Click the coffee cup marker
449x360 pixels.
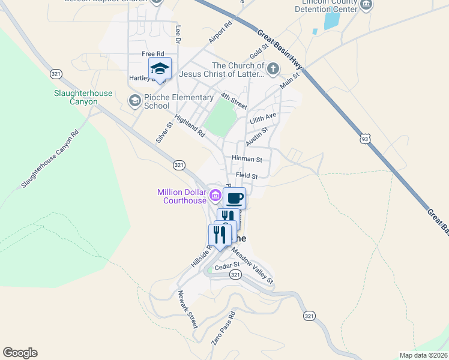pyautogui.click(x=234, y=198)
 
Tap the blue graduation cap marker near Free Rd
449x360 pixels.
pyautogui.click(x=160, y=68)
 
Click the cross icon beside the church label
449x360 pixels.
pyautogui.click(x=273, y=68)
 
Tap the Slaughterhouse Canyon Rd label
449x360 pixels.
pyautogui.click(x=50, y=160)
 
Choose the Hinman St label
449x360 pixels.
pyautogui.click(x=247, y=160)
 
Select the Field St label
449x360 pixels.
pyautogui.click(x=247, y=176)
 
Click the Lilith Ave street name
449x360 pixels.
pyautogui.click(x=263, y=116)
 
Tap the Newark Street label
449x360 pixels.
pyautogui.click(x=187, y=310)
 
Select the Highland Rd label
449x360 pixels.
pyautogui.click(x=190, y=126)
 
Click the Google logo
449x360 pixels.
pyautogui.click(x=20, y=353)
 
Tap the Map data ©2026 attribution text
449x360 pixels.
pyautogui.click(x=423, y=355)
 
